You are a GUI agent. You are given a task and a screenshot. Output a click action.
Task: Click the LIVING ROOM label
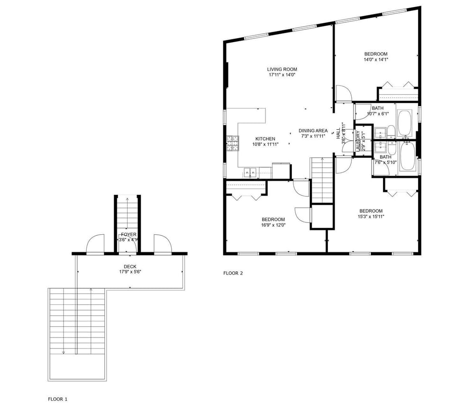point(282,69)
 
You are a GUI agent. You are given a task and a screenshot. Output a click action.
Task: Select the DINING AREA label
point(313,130)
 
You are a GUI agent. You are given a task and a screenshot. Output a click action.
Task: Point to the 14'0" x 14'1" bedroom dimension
point(376,60)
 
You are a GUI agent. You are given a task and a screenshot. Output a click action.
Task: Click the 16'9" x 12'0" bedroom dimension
point(273,225)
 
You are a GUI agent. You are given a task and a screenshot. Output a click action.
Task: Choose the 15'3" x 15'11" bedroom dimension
point(371,217)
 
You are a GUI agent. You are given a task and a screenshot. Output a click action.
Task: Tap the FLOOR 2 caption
point(233,273)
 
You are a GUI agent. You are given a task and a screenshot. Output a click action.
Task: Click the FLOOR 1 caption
point(58,399)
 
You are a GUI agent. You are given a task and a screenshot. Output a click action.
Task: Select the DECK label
point(130,266)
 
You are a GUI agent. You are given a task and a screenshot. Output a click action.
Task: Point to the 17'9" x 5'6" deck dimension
point(130,272)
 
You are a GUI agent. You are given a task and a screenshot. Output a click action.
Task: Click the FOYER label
point(128,234)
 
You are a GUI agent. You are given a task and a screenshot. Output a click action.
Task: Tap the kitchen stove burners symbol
point(232,143)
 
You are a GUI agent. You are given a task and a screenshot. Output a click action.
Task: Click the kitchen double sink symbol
point(250,172)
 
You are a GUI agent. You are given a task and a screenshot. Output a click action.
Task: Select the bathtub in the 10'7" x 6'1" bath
point(405,123)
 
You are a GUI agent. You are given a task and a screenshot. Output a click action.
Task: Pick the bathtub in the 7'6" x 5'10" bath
point(407,156)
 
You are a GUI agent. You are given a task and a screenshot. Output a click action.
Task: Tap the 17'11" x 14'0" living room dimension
point(282,75)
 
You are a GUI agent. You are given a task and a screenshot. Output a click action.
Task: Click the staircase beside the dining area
point(322,180)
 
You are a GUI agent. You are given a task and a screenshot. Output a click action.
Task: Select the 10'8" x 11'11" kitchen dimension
point(265,144)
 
